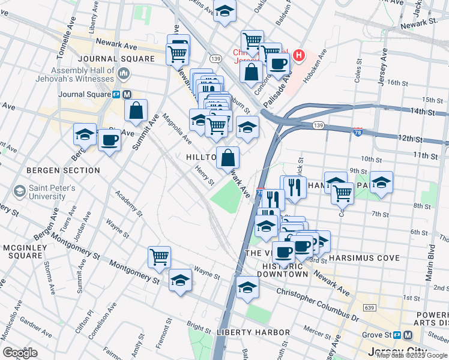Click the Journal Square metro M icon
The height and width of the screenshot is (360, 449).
pos(127,94)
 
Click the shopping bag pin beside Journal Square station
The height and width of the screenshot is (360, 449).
pos(136,110)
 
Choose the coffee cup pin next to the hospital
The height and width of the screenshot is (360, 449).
pos(278,64)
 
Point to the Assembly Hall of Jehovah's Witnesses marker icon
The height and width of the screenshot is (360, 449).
pos(124,74)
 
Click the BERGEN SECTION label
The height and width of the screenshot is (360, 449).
pos(63,170)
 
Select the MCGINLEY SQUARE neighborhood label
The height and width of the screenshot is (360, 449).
pos(22,252)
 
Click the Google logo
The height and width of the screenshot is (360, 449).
pos(20,353)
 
